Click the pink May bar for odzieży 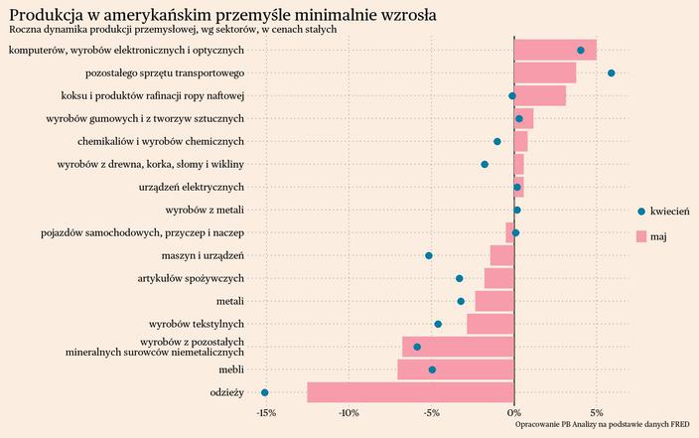(410, 392)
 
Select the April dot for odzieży (264, 392)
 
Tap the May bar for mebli (456, 369)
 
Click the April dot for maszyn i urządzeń (429, 255)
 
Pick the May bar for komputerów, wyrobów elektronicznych (555, 50)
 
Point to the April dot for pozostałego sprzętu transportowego (611, 73)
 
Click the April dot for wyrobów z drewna (485, 164)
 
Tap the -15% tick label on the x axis (265, 412)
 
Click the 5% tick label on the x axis (597, 412)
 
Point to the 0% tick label (513, 412)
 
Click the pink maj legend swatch (641, 236)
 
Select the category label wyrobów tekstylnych (197, 324)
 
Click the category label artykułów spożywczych (191, 278)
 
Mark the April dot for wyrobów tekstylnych (438, 324)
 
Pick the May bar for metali (494, 301)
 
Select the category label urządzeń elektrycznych (192, 187)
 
